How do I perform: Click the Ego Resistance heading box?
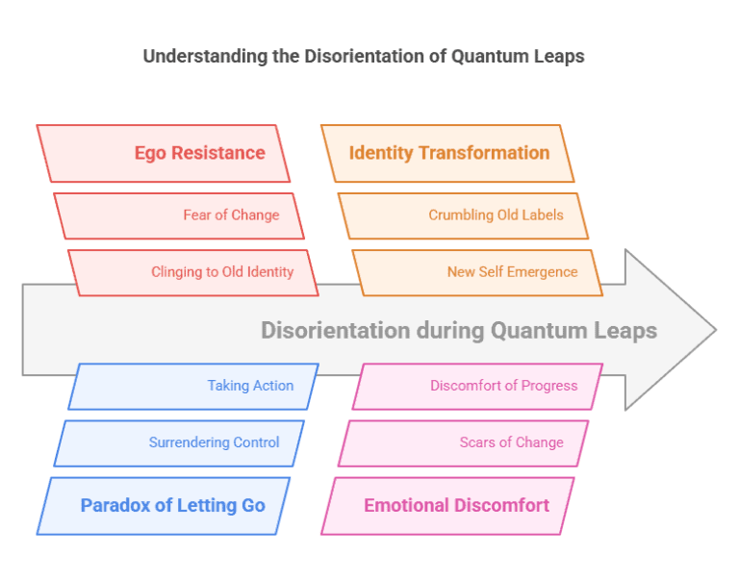164,153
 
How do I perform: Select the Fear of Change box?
179,215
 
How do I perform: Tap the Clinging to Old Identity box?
193,272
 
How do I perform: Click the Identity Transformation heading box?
447,153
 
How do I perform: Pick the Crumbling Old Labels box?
463,215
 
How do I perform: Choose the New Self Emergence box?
477,272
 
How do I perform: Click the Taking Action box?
193,386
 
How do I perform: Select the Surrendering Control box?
179,442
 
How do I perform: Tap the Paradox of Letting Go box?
164,505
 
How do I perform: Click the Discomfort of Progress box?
477,386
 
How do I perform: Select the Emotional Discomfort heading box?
447,505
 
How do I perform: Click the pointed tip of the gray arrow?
714,330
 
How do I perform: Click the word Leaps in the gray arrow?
626,331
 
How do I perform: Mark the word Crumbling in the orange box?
461,215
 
